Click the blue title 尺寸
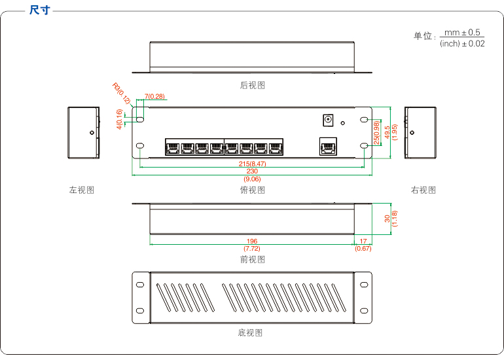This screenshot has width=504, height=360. pyautogui.click(x=40, y=10)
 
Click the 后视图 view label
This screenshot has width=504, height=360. pyautogui.click(x=252, y=85)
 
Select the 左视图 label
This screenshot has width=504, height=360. pyautogui.click(x=82, y=190)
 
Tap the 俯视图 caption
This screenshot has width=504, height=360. pyautogui.click(x=252, y=190)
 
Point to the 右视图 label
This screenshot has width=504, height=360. pyautogui.click(x=423, y=190)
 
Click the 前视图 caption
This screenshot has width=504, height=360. pyautogui.click(x=252, y=259)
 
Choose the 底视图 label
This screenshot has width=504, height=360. pyautogui.click(x=250, y=333)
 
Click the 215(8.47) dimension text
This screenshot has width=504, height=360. pyautogui.click(x=252, y=164)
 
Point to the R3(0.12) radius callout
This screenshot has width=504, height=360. pyautogui.click(x=122, y=94)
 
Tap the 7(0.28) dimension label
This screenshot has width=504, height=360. pyautogui.click(x=154, y=96)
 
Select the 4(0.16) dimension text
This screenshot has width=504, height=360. pyautogui.click(x=119, y=119)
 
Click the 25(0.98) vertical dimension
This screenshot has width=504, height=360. pyautogui.click(x=377, y=132)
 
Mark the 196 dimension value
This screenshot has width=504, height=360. pyautogui.click(x=252, y=241)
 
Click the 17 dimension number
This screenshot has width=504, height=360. pyautogui.click(x=363, y=241)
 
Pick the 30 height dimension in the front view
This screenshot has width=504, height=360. pyautogui.click(x=387, y=219)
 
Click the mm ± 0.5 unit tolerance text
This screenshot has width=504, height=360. pyautogui.click(x=462, y=33)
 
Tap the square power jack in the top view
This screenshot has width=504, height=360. pyautogui.click(x=328, y=120)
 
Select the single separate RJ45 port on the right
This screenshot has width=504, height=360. pyautogui.click(x=328, y=146)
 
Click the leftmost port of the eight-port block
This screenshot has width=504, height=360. pyautogui.click(x=173, y=147)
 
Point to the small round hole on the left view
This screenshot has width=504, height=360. pyautogui.click(x=92, y=132)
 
